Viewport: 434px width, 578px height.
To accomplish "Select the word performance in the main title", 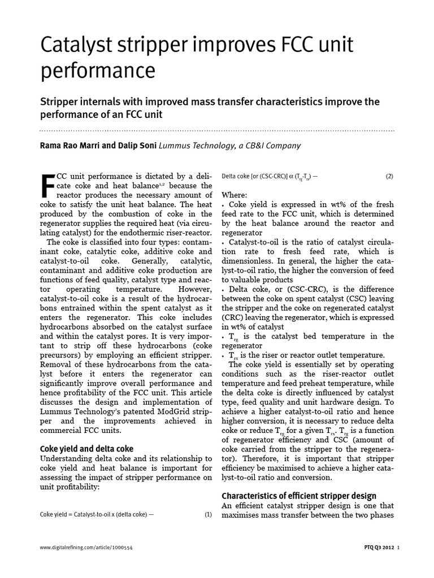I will (97, 71).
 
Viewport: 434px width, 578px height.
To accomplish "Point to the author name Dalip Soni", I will (137, 146).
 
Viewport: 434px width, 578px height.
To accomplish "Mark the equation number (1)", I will (208, 515).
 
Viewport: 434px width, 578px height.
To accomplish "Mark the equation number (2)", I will (389, 176).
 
